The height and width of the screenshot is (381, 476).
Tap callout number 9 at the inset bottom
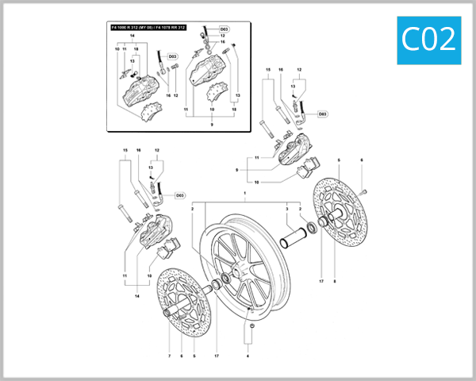[212, 125]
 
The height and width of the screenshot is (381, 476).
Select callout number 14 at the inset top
[132, 37]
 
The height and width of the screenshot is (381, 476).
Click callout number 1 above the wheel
[245, 194]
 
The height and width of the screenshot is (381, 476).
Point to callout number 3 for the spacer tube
[286, 209]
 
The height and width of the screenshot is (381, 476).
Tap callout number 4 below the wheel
[248, 356]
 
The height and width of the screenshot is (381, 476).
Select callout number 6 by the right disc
[362, 160]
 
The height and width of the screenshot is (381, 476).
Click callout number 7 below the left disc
[169, 356]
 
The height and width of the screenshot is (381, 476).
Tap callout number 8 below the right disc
[335, 281]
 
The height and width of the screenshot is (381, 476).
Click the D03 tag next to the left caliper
[179, 194]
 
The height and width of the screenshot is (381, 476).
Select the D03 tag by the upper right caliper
[323, 114]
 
